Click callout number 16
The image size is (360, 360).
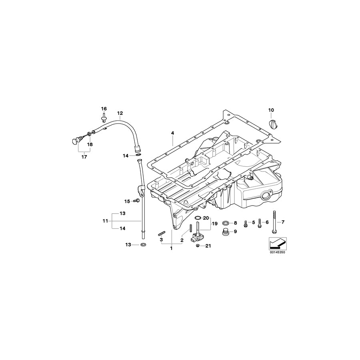104,109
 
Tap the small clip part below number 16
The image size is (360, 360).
104,117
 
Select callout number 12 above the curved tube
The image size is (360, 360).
120,113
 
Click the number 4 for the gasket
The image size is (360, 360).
172,133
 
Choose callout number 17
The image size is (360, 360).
84,157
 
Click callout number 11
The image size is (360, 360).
105,220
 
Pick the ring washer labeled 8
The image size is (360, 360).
226,222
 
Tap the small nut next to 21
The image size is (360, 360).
199,246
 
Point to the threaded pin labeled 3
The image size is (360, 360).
162,233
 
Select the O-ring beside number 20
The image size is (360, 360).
198,218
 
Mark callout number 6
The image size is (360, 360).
267,222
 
